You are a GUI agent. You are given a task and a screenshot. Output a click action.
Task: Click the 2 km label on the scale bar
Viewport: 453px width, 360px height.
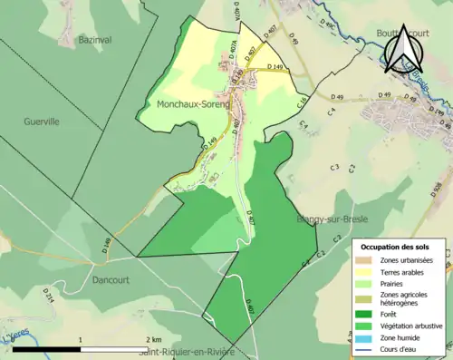[x=152, y=339]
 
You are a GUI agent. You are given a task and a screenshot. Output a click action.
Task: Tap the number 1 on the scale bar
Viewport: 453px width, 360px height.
[x=81, y=339]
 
